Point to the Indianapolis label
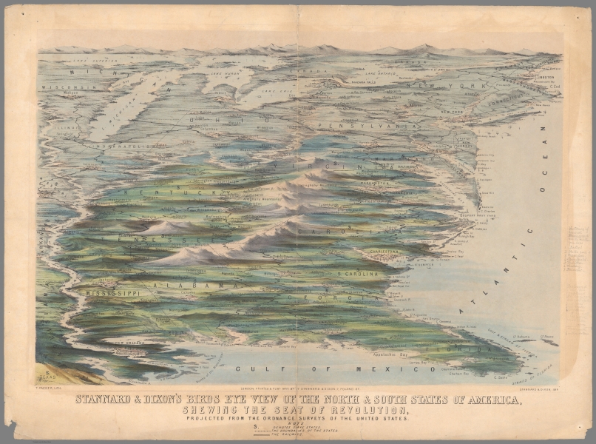point(123,146)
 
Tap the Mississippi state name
point(112,294)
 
